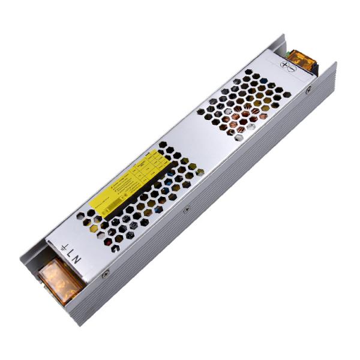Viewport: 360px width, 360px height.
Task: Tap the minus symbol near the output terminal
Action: point(292,69)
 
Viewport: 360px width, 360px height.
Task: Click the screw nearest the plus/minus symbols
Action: point(308,91)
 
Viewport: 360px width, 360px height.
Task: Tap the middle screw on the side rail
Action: point(187,209)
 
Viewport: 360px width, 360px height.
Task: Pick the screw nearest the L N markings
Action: point(106,273)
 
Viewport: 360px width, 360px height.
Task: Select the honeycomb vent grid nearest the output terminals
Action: point(246,105)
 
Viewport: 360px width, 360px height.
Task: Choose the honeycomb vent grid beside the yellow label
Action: point(150,198)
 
